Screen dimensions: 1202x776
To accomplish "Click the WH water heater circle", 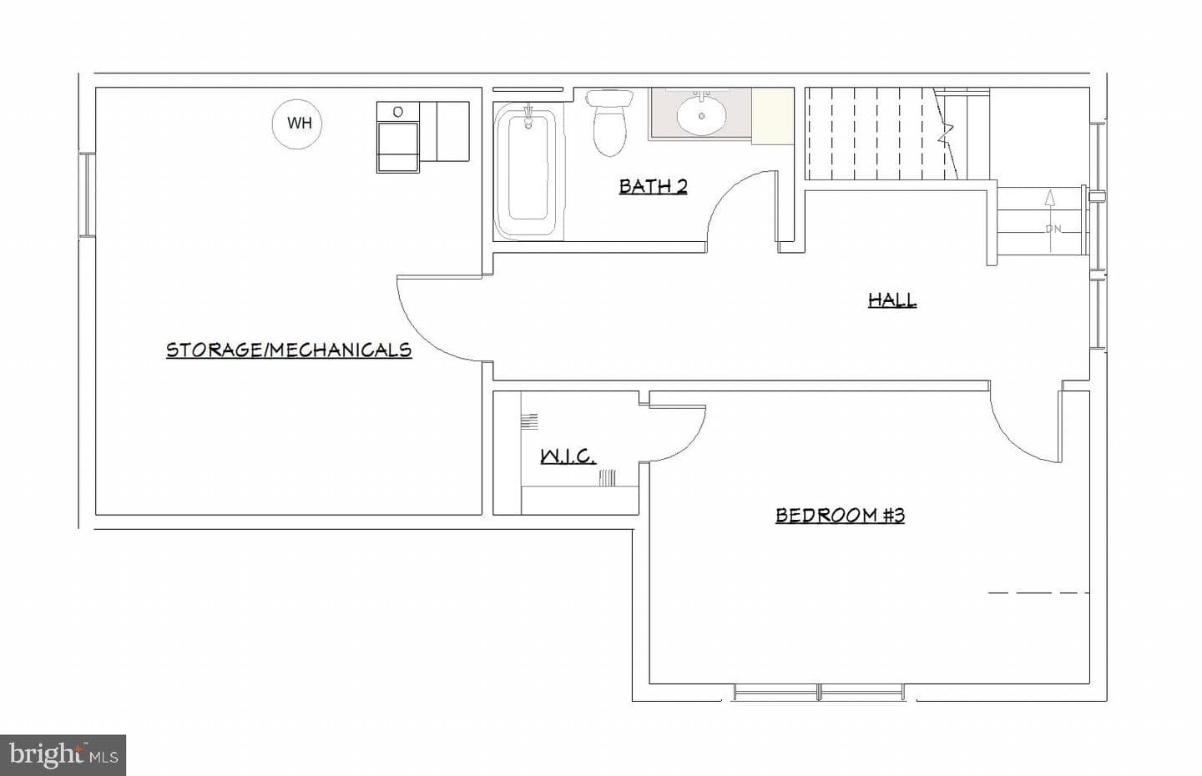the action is pos(297,123).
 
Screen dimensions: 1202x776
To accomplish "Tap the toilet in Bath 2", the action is pos(610,123).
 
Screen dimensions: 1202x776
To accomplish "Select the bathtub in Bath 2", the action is pos(529,170).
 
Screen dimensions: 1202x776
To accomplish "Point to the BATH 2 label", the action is pos(653,186).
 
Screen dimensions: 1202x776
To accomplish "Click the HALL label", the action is pos(891,300).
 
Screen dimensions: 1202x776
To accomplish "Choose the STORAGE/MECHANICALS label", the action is pos(289,350).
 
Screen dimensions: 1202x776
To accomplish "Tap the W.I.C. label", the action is pos(568,457).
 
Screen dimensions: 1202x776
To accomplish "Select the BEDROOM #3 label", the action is pos(840,516).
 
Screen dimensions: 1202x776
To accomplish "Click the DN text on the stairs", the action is pos(1053,229).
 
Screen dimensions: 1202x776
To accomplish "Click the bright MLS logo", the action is pos(63,755).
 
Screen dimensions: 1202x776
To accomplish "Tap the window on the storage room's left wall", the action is pos(88,194).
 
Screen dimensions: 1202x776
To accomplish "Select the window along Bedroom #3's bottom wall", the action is pos(820,692).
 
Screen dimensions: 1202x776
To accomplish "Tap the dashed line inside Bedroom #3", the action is pos(1039,592).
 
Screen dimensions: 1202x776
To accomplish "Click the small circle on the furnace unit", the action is pos(397,112).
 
